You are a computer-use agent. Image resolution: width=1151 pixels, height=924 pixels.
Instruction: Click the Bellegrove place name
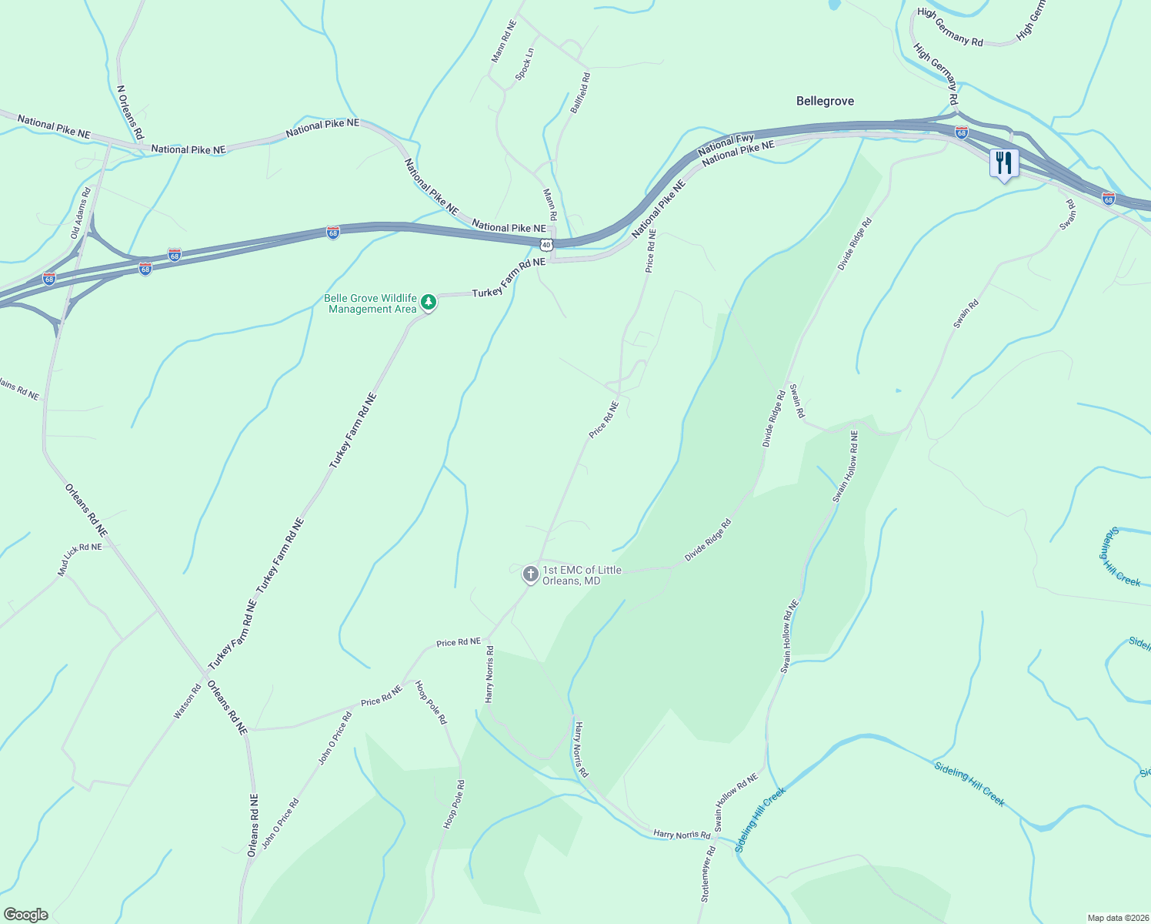point(825,102)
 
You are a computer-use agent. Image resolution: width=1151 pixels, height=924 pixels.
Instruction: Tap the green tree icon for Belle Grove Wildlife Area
point(429,303)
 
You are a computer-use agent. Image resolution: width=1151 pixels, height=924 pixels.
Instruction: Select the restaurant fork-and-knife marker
point(1003,164)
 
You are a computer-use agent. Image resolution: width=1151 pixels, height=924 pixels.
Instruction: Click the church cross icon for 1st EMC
point(530,574)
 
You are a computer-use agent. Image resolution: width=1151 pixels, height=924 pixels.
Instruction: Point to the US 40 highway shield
point(545,244)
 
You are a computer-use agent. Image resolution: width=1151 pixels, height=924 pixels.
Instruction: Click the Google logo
point(25,915)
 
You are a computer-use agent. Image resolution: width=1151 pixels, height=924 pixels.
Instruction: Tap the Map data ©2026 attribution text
point(1117,918)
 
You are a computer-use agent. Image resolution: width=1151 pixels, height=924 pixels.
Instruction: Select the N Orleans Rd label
point(130,112)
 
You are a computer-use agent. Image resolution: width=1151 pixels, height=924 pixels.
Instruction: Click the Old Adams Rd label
point(82,212)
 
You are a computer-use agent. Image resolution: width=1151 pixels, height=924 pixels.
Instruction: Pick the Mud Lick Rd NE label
point(80,559)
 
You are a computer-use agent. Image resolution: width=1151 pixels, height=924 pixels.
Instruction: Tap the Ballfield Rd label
point(580,93)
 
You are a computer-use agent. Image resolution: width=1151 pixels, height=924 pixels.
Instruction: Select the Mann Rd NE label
point(505,41)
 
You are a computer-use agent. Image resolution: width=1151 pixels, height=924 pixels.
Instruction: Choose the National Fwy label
point(726,144)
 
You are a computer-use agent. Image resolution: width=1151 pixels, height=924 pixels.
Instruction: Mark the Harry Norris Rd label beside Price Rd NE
point(489,674)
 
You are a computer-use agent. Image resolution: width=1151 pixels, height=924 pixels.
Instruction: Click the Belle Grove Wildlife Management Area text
point(370,303)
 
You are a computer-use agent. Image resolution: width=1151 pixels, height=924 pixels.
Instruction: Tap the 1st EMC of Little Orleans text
point(571,575)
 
